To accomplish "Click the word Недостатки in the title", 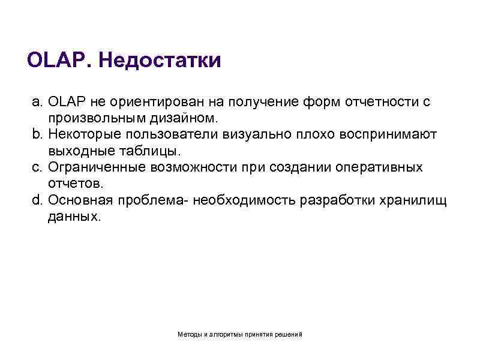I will (158, 61).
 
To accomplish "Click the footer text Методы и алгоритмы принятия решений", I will (240, 334).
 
